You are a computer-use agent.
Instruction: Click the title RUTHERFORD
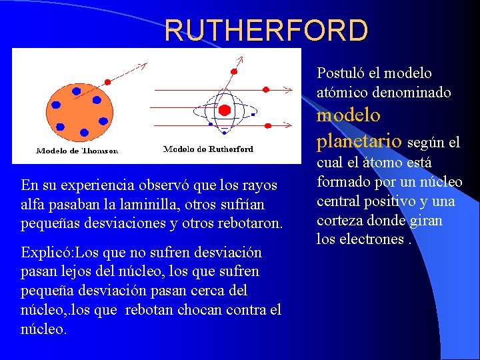pyautogui.click(x=266, y=31)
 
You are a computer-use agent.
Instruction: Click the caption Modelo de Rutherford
pyautogui.click(x=208, y=149)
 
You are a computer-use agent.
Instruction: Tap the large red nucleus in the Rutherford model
pyautogui.click(x=225, y=109)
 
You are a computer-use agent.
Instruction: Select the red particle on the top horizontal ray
pyautogui.click(x=265, y=89)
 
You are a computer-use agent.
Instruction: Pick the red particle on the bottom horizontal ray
pyautogui.click(x=265, y=123)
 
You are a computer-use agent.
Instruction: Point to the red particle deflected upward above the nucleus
pyautogui.click(x=233, y=70)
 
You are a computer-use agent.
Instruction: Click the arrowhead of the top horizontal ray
pyautogui.click(x=288, y=89)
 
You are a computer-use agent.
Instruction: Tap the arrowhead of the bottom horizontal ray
pyautogui.click(x=288, y=123)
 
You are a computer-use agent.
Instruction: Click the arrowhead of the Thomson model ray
pyautogui.click(x=142, y=65)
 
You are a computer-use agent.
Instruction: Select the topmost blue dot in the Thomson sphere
pyautogui.click(x=76, y=91)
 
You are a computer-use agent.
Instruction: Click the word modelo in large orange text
pyautogui.click(x=348, y=115)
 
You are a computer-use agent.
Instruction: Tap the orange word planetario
pyautogui.click(x=359, y=141)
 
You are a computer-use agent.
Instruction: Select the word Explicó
pyautogui.click(x=47, y=253)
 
